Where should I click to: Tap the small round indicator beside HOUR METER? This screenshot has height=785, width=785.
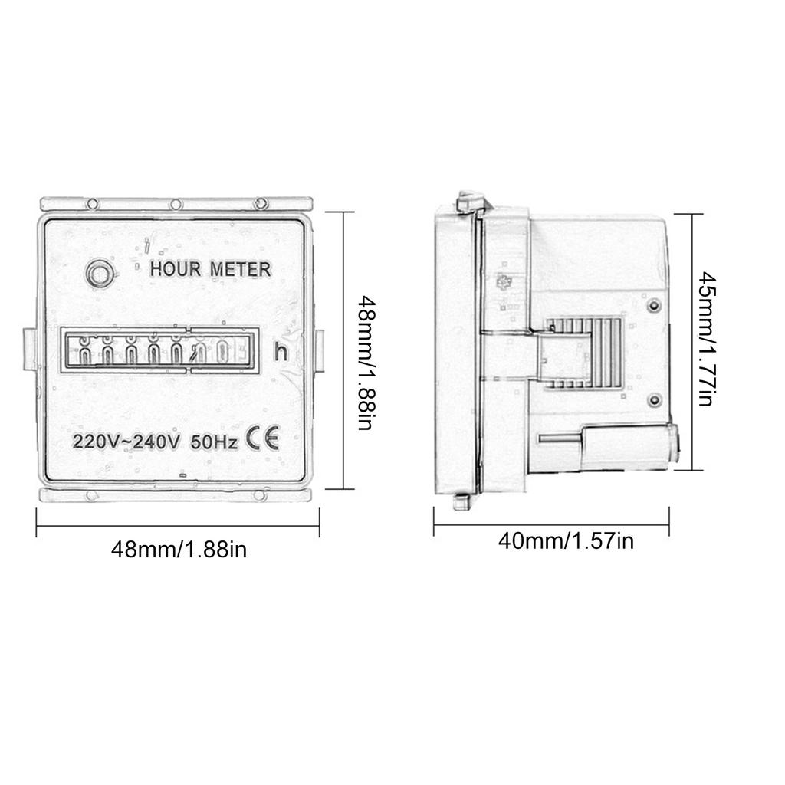coord(98,272)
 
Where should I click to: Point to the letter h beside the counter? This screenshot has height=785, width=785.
coord(281,353)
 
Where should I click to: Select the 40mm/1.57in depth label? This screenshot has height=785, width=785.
coord(566,541)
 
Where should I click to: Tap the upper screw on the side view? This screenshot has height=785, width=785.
coord(653,306)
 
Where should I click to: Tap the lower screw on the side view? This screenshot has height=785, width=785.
coord(653,399)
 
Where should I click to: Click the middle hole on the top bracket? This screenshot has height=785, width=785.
coord(176,204)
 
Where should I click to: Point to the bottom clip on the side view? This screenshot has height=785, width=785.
coord(461,501)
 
